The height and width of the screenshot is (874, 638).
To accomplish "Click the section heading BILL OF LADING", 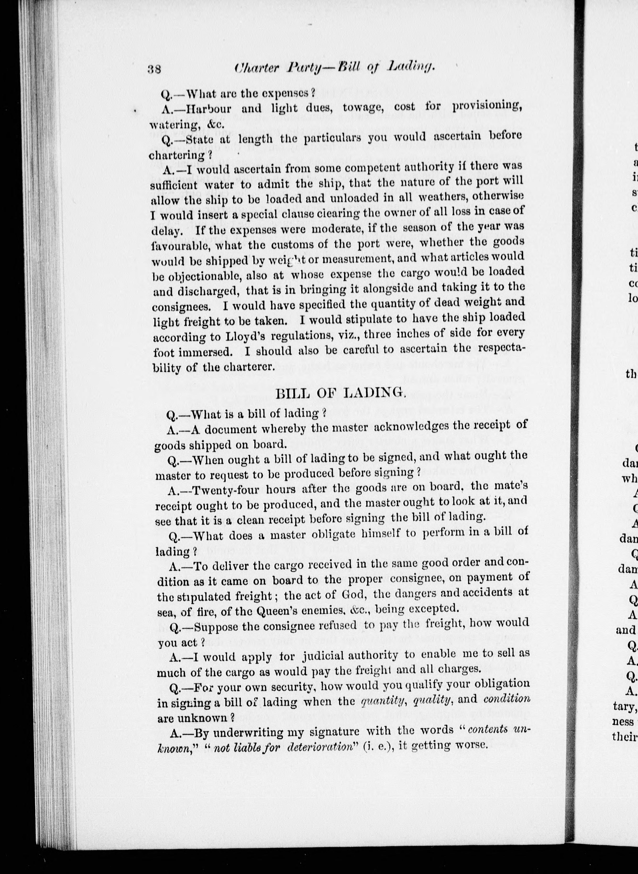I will coord(340,393).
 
